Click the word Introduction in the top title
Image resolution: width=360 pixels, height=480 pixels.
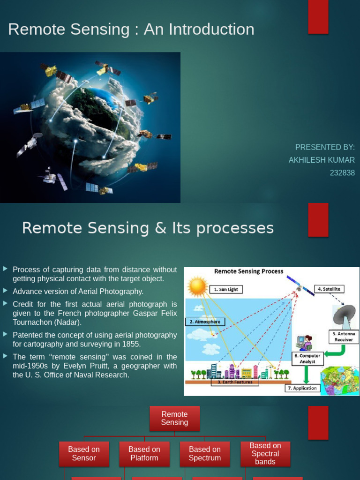tap(215, 30)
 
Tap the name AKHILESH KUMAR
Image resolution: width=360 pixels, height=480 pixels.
tap(322, 160)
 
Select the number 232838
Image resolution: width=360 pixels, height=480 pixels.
tap(342, 173)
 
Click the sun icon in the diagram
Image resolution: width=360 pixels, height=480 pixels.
tap(197, 286)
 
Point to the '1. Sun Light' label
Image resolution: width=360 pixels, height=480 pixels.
tap(226, 289)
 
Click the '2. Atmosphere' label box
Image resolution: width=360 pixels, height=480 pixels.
tap(205, 322)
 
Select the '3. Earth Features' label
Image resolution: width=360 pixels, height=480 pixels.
tap(235, 382)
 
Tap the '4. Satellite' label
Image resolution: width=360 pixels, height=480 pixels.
tap(329, 289)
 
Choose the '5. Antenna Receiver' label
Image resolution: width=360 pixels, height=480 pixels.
tap(344, 337)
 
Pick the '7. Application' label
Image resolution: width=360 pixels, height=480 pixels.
tap(302, 388)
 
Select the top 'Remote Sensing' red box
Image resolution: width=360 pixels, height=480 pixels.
tap(174, 418)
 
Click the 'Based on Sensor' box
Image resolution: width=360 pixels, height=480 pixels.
tap(84, 453)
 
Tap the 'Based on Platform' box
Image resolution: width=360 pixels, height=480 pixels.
tap(144, 453)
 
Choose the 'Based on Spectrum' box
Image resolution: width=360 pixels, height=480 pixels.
tap(205, 453)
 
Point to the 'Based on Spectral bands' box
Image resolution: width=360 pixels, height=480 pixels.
tap(265, 453)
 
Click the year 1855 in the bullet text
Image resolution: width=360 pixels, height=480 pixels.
tap(131, 344)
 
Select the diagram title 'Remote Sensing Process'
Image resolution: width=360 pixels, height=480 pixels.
tap(249, 271)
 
